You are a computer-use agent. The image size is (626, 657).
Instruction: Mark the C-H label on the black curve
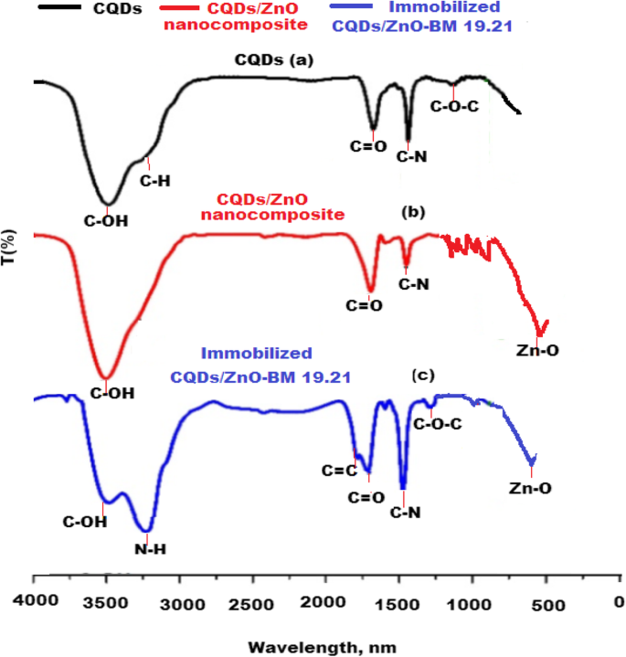click(x=154, y=182)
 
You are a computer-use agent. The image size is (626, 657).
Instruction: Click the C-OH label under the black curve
click(x=108, y=220)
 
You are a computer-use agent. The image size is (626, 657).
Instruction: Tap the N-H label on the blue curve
click(x=149, y=549)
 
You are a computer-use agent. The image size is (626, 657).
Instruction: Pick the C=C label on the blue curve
click(x=337, y=472)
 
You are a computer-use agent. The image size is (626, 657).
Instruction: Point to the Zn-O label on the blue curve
click(x=530, y=489)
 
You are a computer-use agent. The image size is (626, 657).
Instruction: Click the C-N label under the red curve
click(x=413, y=284)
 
